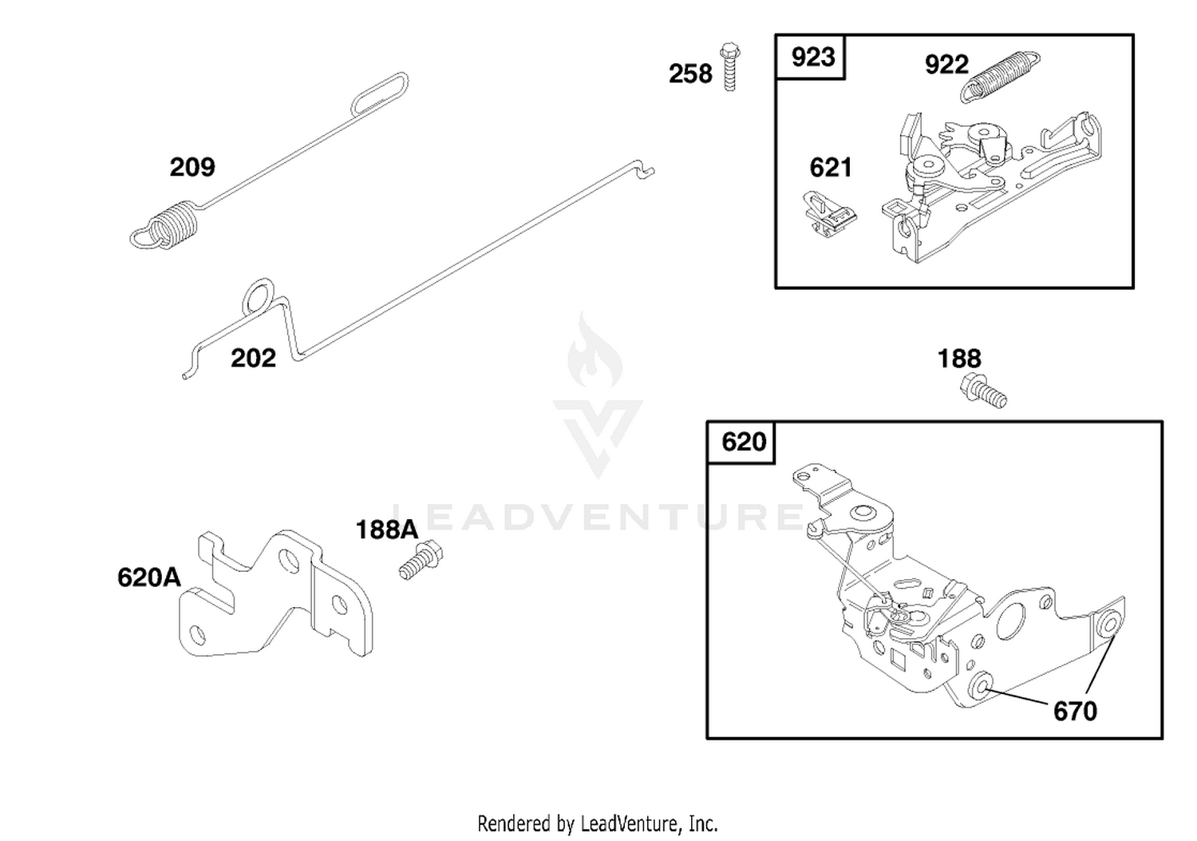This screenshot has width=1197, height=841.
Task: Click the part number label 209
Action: pyautogui.click(x=192, y=167)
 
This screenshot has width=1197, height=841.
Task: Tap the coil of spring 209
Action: pyautogui.click(x=172, y=224)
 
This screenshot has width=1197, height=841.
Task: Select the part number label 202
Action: pyautogui.click(x=253, y=358)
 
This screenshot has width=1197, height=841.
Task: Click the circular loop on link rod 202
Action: pyautogui.click(x=259, y=297)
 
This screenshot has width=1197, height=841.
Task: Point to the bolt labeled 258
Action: pyautogui.click(x=730, y=67)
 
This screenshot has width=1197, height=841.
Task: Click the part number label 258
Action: pyautogui.click(x=690, y=73)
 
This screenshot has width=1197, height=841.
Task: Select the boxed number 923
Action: pyautogui.click(x=813, y=58)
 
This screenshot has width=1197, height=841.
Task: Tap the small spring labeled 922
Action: pyautogui.click(x=1000, y=77)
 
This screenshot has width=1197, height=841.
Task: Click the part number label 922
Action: pyautogui.click(x=946, y=65)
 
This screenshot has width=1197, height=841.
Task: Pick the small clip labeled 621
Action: pyautogui.click(x=829, y=214)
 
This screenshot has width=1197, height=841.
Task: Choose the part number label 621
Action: pyautogui.click(x=831, y=168)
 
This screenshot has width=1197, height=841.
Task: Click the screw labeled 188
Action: pyautogui.click(x=983, y=391)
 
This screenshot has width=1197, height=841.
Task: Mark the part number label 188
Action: pyautogui.click(x=959, y=359)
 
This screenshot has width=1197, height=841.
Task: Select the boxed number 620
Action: pyautogui.click(x=744, y=442)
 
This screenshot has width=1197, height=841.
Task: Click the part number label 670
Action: pyautogui.click(x=1075, y=711)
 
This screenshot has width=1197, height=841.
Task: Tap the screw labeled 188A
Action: pyautogui.click(x=421, y=560)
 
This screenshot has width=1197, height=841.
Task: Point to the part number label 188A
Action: pyautogui.click(x=387, y=530)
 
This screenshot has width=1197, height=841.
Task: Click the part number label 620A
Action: pyautogui.click(x=149, y=577)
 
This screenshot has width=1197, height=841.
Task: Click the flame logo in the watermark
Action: pyautogui.click(x=595, y=351)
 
